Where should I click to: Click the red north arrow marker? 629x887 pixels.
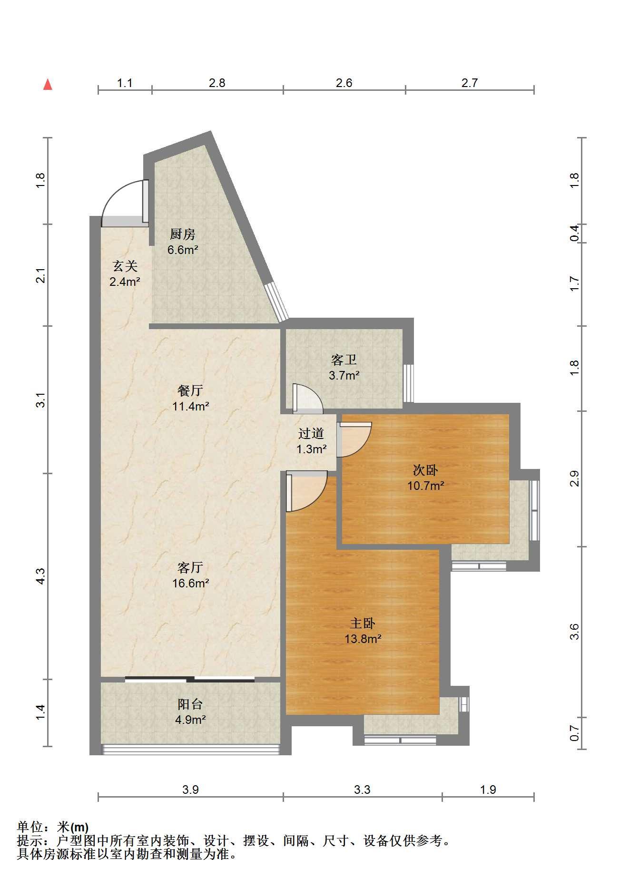48,85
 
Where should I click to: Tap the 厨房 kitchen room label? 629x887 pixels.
183,234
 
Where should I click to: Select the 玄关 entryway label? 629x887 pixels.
125,266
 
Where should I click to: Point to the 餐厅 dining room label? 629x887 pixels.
190,390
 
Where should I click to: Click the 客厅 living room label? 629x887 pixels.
190,567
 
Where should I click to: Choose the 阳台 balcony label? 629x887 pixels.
190,704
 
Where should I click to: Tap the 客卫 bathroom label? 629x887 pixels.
344,360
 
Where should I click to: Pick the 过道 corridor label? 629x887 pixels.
311,433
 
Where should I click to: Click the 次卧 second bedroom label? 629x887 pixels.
425,470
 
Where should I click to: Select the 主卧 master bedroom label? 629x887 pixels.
363,623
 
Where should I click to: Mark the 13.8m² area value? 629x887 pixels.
363,639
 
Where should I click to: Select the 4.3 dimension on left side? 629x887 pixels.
41,576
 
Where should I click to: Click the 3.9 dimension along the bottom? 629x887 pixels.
190,790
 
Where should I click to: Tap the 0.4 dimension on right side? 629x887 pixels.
574,233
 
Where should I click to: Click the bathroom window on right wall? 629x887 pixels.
408,383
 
